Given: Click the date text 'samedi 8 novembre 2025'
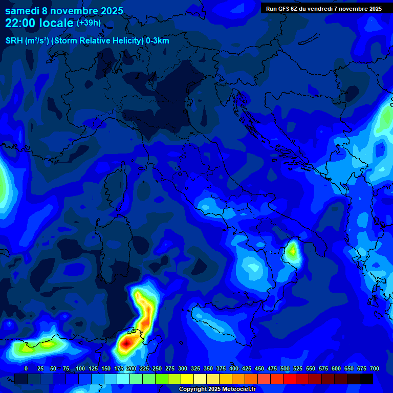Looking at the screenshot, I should (x=64, y=10).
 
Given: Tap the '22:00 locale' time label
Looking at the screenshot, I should (x=39, y=23).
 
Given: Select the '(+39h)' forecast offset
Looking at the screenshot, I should (x=89, y=23).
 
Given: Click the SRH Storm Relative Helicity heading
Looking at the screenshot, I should (x=87, y=41).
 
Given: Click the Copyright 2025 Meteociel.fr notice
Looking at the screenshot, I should (x=216, y=389).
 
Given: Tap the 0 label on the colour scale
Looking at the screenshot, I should (x=26, y=368).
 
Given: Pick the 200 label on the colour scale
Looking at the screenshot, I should (x=132, y=368).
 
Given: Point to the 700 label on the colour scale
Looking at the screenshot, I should (x=375, y=368).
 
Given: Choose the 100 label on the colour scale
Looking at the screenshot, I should (x=80, y=368).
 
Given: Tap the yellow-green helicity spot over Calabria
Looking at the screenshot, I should (x=292, y=251).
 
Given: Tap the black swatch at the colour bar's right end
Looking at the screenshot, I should (x=366, y=379).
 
